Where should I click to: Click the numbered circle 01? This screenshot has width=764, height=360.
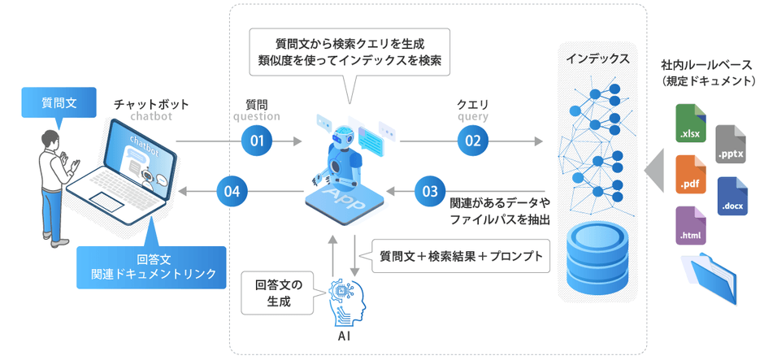coord(258,141)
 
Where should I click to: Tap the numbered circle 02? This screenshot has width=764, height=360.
coord(473,141)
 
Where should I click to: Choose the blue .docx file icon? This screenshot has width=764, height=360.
coord(731,196)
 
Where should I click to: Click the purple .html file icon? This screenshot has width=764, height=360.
coord(691,226)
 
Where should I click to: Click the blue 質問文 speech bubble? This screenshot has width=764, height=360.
coord(59,104)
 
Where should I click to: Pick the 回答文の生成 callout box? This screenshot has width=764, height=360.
coord(278,293)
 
